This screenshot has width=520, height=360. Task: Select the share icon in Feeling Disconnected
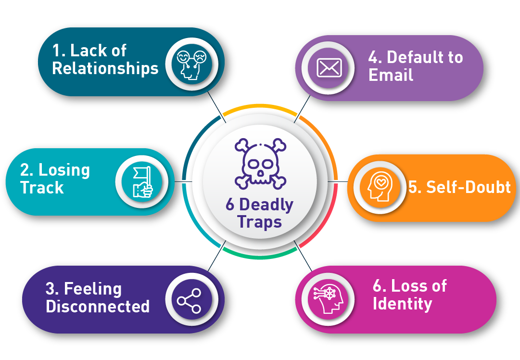point(189,301)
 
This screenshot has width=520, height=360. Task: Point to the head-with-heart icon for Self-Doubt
point(379,187)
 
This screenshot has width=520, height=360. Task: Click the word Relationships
point(105,68)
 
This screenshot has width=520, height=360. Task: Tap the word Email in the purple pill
point(391,75)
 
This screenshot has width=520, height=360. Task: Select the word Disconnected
point(98,306)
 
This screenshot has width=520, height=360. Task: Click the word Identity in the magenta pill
point(402,304)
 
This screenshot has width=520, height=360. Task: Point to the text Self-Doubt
point(459,187)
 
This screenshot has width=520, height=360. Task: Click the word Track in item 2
point(42,187)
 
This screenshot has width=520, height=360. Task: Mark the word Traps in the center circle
point(260,223)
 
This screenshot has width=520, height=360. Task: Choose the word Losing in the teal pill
point(64,170)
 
